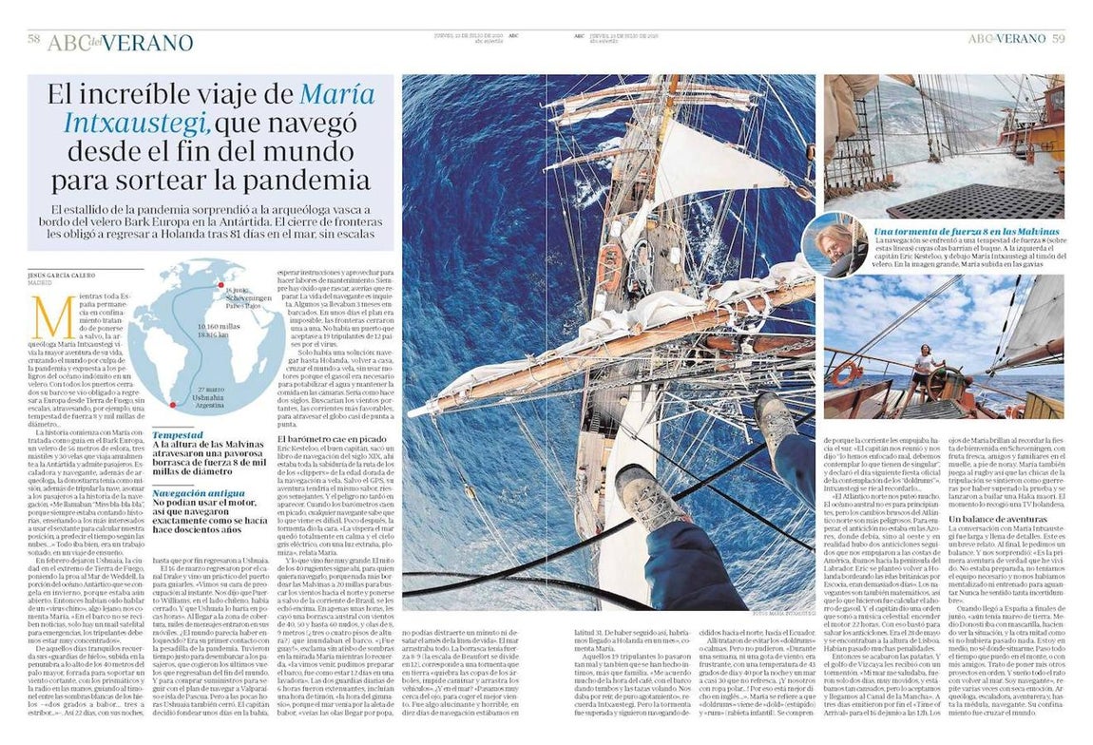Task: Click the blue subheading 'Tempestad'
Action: click(x=178, y=433)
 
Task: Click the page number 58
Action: click(x=33, y=39)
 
